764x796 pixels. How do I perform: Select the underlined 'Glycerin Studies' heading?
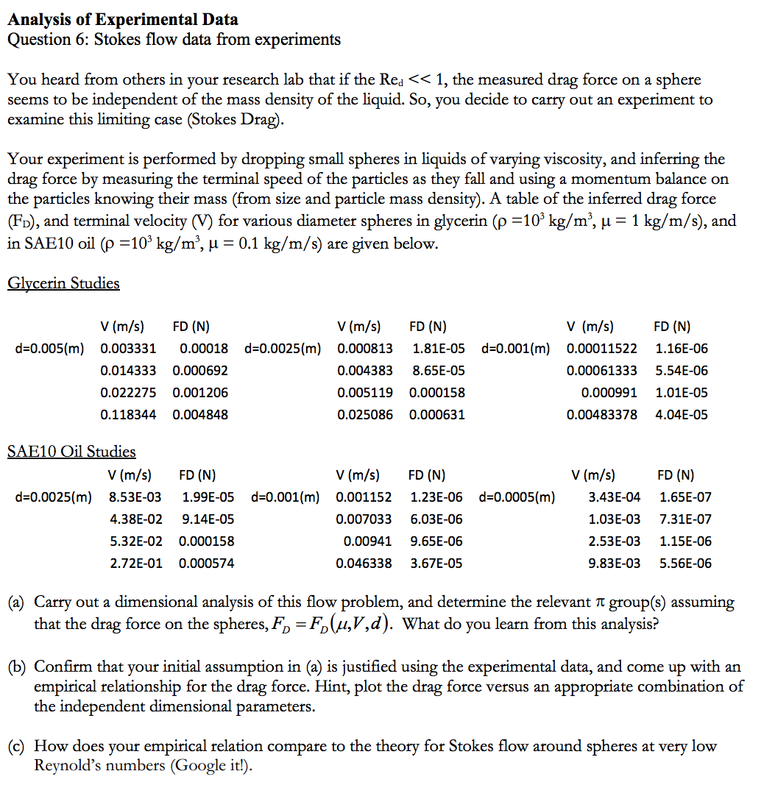point(63,283)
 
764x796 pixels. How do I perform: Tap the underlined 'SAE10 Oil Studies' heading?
point(71,451)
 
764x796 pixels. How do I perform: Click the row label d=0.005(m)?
point(49,348)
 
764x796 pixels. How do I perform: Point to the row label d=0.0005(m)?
point(517,497)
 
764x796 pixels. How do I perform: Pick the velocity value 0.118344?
point(128,414)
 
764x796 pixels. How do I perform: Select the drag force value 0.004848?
point(200,414)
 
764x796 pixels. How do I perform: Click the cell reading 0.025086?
point(365,414)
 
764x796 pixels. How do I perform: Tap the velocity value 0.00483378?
point(602,414)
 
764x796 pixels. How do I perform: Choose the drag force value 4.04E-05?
point(682,414)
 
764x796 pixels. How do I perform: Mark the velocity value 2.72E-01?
point(135,563)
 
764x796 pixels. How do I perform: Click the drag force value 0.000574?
point(207,563)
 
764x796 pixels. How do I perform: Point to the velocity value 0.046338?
point(364,563)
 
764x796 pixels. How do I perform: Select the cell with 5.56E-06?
point(685,563)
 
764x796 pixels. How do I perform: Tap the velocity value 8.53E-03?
point(135,497)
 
